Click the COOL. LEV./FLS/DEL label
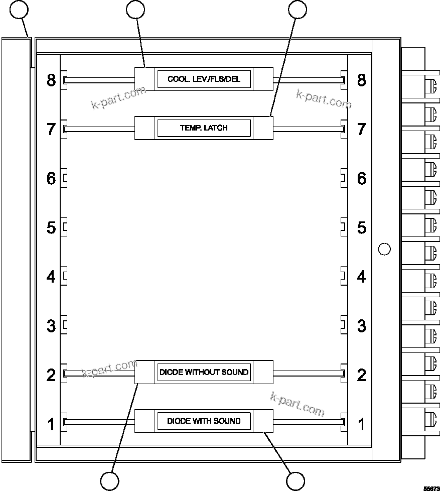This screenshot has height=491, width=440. (x=204, y=79)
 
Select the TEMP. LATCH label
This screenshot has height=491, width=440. (x=204, y=128)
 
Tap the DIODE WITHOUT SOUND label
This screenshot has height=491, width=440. (x=204, y=373)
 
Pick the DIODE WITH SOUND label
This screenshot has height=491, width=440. (x=204, y=421)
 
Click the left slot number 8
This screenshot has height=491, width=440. (x=51, y=80)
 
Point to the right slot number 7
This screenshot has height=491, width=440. (x=361, y=129)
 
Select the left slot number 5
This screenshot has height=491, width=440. (x=51, y=227)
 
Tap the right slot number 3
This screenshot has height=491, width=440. (x=361, y=326)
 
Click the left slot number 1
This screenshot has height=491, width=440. (x=51, y=424)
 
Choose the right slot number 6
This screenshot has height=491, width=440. (x=361, y=178)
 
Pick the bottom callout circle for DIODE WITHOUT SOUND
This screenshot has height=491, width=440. (x=110, y=480)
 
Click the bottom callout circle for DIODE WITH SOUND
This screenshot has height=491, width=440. (x=296, y=480)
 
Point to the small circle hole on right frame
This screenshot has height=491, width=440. (x=384, y=249)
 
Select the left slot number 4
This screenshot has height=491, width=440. (x=51, y=277)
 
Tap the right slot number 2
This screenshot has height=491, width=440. (x=361, y=375)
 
